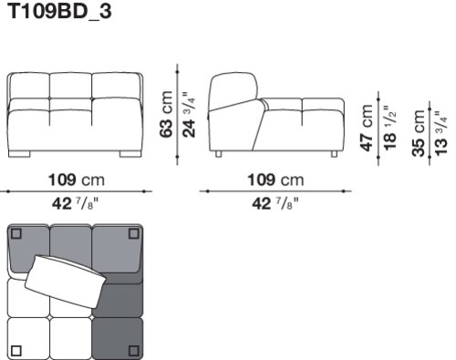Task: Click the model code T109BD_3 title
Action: (59, 12)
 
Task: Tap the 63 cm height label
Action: (167, 114)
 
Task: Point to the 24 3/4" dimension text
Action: (189, 115)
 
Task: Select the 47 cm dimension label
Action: (367, 128)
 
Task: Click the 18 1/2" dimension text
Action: (389, 128)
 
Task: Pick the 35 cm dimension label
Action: (419, 133)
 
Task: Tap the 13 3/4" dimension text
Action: (441, 133)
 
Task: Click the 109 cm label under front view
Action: (77, 180)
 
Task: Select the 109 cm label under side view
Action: (275, 180)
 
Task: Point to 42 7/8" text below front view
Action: (76, 203)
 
